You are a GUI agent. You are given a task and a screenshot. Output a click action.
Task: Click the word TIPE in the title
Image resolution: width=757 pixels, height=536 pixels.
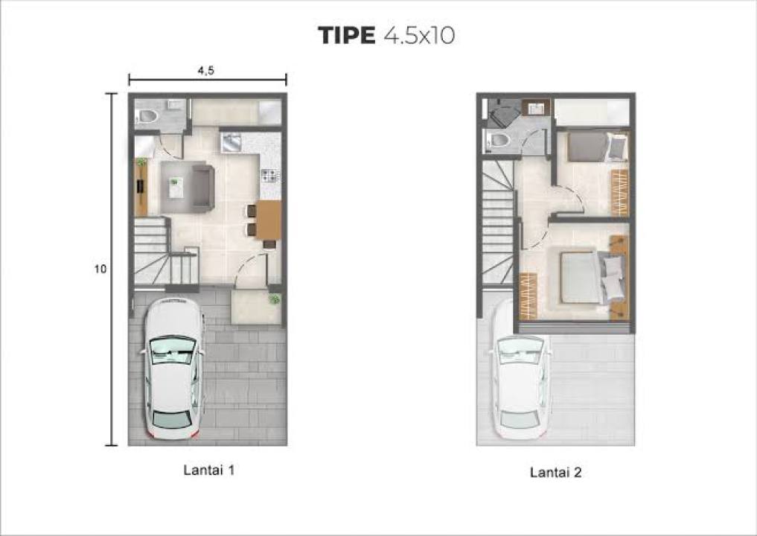(346, 35)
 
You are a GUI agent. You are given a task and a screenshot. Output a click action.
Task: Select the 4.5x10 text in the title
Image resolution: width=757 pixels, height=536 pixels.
(419, 35)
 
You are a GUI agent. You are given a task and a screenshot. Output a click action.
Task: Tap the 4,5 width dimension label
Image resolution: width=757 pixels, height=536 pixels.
(205, 71)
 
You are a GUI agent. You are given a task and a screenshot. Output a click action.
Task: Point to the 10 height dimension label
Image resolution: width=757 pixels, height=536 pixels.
(100, 269)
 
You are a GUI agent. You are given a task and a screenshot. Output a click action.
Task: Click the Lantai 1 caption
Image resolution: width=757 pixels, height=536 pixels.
(209, 470)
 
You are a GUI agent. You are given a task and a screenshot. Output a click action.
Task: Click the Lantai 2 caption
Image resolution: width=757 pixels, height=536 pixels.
(556, 472)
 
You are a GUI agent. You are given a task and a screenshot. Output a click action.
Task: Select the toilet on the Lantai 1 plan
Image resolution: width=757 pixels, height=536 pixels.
(147, 116)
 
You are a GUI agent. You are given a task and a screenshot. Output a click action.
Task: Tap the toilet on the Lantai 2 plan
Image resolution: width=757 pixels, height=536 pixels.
(499, 141)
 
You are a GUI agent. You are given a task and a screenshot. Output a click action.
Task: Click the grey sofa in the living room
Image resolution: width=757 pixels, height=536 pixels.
(203, 188)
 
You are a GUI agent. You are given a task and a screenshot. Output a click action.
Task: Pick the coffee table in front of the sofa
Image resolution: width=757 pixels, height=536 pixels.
(176, 188)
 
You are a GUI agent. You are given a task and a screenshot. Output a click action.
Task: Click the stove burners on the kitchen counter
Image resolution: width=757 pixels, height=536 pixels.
(270, 175)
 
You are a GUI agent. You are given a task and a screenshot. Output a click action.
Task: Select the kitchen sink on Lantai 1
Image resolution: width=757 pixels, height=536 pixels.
(231, 143)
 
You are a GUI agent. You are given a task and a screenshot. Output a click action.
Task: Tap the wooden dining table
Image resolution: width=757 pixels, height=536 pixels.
(268, 220)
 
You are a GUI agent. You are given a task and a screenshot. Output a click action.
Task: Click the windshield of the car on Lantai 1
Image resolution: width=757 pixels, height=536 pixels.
(173, 349)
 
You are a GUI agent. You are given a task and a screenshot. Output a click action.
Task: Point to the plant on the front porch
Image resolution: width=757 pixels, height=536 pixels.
(274, 299)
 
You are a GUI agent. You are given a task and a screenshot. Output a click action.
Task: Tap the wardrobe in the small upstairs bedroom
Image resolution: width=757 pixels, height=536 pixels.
(620, 193)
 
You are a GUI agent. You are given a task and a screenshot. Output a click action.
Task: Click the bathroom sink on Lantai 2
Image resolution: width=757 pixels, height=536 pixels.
(535, 109)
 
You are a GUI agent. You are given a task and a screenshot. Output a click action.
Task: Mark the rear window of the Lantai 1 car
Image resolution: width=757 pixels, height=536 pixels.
(171, 418)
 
